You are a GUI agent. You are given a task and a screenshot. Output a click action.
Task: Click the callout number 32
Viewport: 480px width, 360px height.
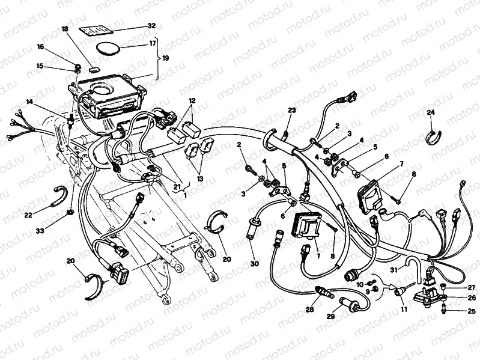pos(151,26)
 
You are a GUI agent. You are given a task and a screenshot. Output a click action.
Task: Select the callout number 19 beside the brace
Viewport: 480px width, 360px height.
pos(165,58)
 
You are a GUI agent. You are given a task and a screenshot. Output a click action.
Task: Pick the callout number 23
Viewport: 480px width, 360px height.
pos(292,111)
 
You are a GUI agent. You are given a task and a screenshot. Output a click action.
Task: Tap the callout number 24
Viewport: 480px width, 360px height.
pos(431,112)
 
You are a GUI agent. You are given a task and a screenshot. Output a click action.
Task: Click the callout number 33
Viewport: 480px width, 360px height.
pos(40,231)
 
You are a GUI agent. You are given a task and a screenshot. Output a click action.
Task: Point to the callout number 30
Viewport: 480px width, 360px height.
pos(254,263)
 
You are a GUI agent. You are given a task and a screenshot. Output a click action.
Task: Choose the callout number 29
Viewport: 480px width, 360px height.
pos(330,317)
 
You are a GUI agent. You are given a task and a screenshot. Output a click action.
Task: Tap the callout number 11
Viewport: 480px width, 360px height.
pos(404,310)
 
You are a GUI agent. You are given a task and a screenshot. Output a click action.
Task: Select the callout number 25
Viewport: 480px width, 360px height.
pos(472,312)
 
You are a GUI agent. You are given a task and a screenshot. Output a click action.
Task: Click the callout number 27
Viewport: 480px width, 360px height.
pos(472,287)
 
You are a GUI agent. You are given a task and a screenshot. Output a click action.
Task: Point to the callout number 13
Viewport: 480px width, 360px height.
pos(200,178)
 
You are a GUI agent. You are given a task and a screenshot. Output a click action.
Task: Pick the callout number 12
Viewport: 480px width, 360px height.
pos(192,100)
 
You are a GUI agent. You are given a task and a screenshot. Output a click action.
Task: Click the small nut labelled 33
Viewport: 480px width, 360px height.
pos(70,212)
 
